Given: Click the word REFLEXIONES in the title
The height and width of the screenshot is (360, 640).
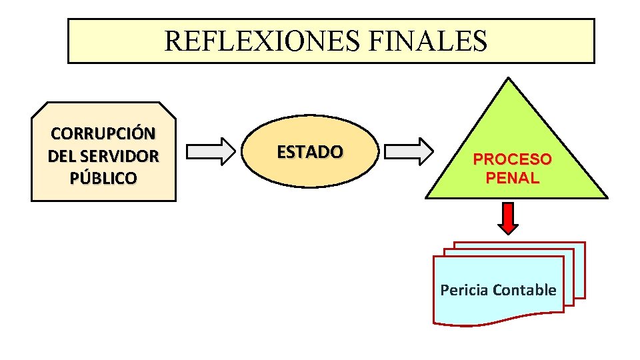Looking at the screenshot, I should click(262, 41).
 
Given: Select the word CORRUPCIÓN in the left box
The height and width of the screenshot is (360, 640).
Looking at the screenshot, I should click(103, 133).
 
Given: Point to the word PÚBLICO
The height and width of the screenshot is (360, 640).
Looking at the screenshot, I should click(103, 179).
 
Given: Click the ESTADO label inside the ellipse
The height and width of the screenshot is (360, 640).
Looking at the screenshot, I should click(310, 152).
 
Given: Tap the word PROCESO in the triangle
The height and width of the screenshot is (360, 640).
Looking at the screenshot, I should click(512, 160).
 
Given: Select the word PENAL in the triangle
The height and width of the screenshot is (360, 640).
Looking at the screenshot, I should click(512, 178).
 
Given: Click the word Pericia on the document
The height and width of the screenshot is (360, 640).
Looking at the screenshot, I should click(464, 290).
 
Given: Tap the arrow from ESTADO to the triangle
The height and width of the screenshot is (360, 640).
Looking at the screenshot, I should click(409, 151).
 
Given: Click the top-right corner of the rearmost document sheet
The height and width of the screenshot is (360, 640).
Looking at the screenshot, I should click(584, 243).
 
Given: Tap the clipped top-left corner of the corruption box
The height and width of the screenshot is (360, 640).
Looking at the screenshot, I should click(39, 109).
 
